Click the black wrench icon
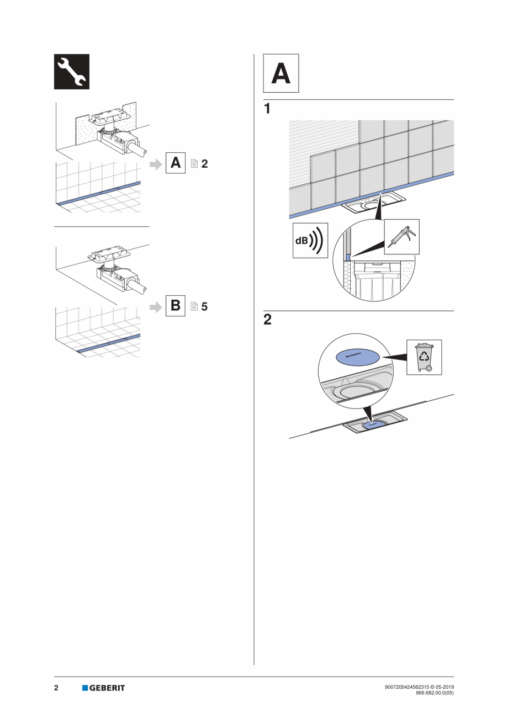(x=71, y=72)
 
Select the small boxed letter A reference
(x=176, y=163)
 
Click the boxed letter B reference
(x=176, y=305)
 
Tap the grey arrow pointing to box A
(x=156, y=163)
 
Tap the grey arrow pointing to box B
(x=156, y=306)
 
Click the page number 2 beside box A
(x=204, y=163)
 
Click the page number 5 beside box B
(x=204, y=306)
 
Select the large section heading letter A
(x=281, y=73)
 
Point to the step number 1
(x=267, y=109)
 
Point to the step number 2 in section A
(x=267, y=320)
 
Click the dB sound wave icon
(x=310, y=241)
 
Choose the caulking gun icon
(x=401, y=236)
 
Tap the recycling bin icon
(x=424, y=357)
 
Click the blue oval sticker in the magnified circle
(x=357, y=357)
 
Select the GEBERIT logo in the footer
(x=104, y=688)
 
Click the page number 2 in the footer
(x=56, y=688)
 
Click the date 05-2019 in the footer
(x=442, y=687)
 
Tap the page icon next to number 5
(x=194, y=306)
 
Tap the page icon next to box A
(x=194, y=163)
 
